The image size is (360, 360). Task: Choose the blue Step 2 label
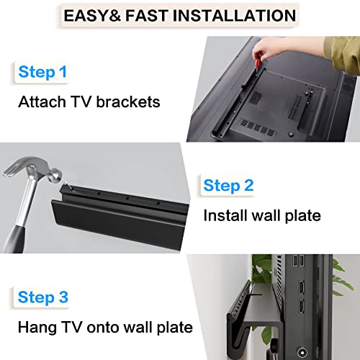[x=228, y=186]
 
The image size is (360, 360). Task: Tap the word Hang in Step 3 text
[x=35, y=327]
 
